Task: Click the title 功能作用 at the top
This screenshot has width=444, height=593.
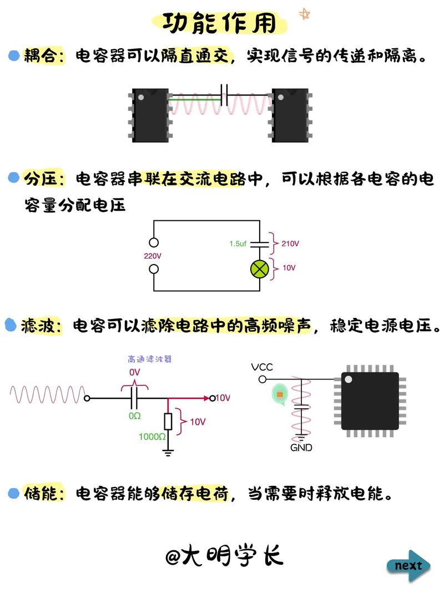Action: pyautogui.click(x=219, y=23)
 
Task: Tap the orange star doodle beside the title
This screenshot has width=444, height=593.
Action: pyautogui.click(x=304, y=14)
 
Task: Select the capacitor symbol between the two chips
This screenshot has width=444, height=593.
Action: pyautogui.click(x=225, y=95)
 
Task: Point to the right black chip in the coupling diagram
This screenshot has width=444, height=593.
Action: pyautogui.click(x=290, y=115)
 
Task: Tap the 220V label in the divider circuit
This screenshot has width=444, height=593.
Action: pyautogui.click(x=154, y=256)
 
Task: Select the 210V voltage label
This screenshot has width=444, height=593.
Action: pyautogui.click(x=290, y=244)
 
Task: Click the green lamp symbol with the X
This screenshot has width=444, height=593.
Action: pyautogui.click(x=259, y=268)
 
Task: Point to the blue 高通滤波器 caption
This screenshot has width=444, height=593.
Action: pyautogui.click(x=150, y=359)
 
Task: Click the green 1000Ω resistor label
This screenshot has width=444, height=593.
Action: pyautogui.click(x=152, y=437)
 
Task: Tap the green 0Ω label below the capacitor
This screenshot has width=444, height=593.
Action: pyautogui.click(x=134, y=415)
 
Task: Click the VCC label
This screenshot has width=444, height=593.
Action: pyautogui.click(x=262, y=367)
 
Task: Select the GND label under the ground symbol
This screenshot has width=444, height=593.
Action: pyautogui.click(x=301, y=448)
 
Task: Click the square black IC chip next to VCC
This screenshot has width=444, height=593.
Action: pyautogui.click(x=370, y=401)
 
